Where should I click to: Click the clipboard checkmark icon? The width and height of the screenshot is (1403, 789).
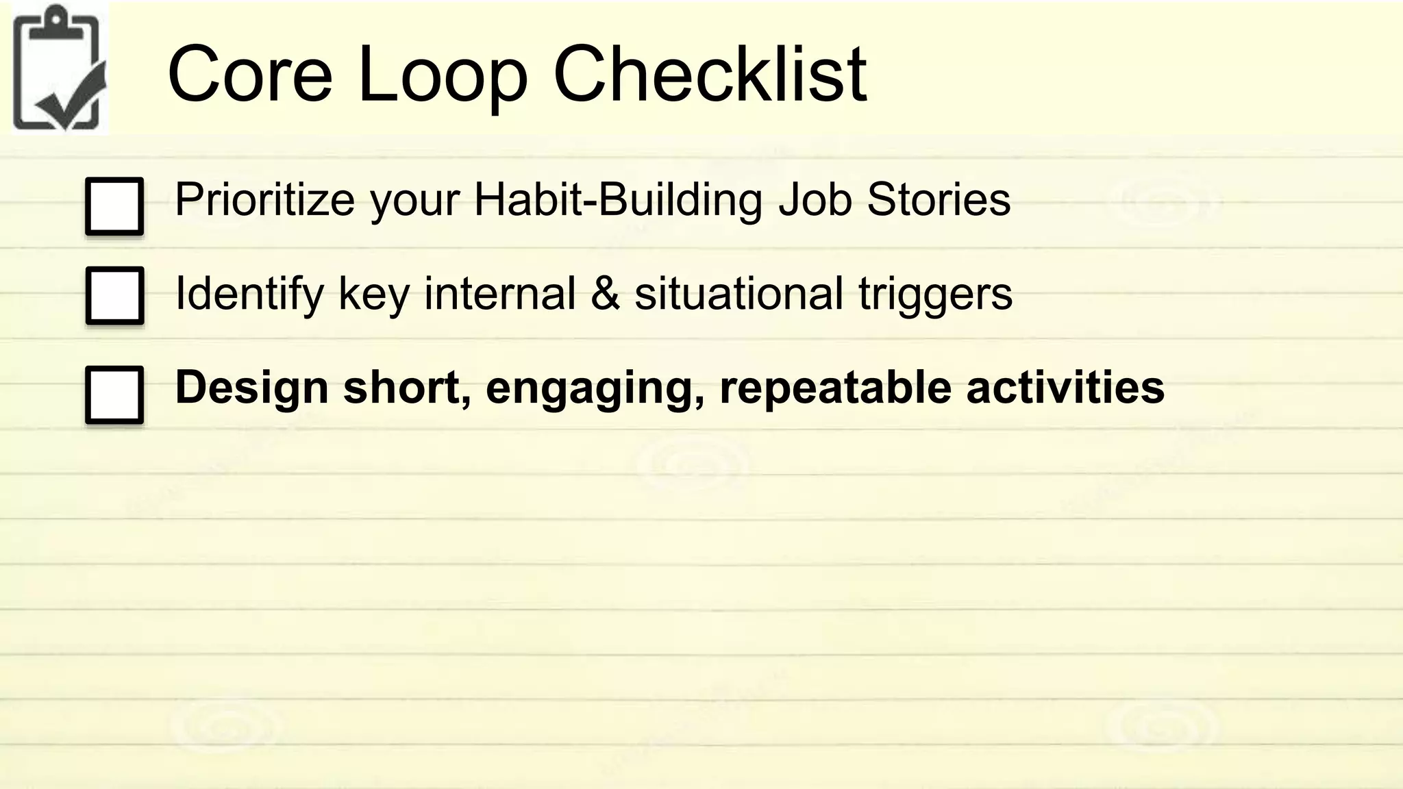click(x=59, y=68)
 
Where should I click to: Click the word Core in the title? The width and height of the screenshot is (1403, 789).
click(x=249, y=73)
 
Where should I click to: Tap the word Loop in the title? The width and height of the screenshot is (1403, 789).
click(x=443, y=73)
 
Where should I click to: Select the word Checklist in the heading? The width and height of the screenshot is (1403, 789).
click(x=710, y=73)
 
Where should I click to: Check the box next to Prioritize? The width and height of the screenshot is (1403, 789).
click(x=114, y=206)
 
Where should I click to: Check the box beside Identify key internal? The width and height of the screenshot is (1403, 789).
click(x=114, y=295)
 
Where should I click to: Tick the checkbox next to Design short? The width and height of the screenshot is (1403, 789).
click(x=114, y=394)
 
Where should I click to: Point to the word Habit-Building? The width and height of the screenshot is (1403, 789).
click(x=617, y=200)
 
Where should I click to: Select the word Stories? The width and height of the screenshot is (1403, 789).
click(x=938, y=200)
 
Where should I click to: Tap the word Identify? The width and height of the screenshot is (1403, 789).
click(x=249, y=294)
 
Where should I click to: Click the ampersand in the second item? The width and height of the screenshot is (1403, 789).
click(x=604, y=294)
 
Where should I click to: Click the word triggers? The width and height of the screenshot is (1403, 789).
click(x=935, y=294)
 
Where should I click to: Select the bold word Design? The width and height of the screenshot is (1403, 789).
click(x=252, y=388)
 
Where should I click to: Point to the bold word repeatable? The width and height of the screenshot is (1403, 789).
click(x=835, y=388)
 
